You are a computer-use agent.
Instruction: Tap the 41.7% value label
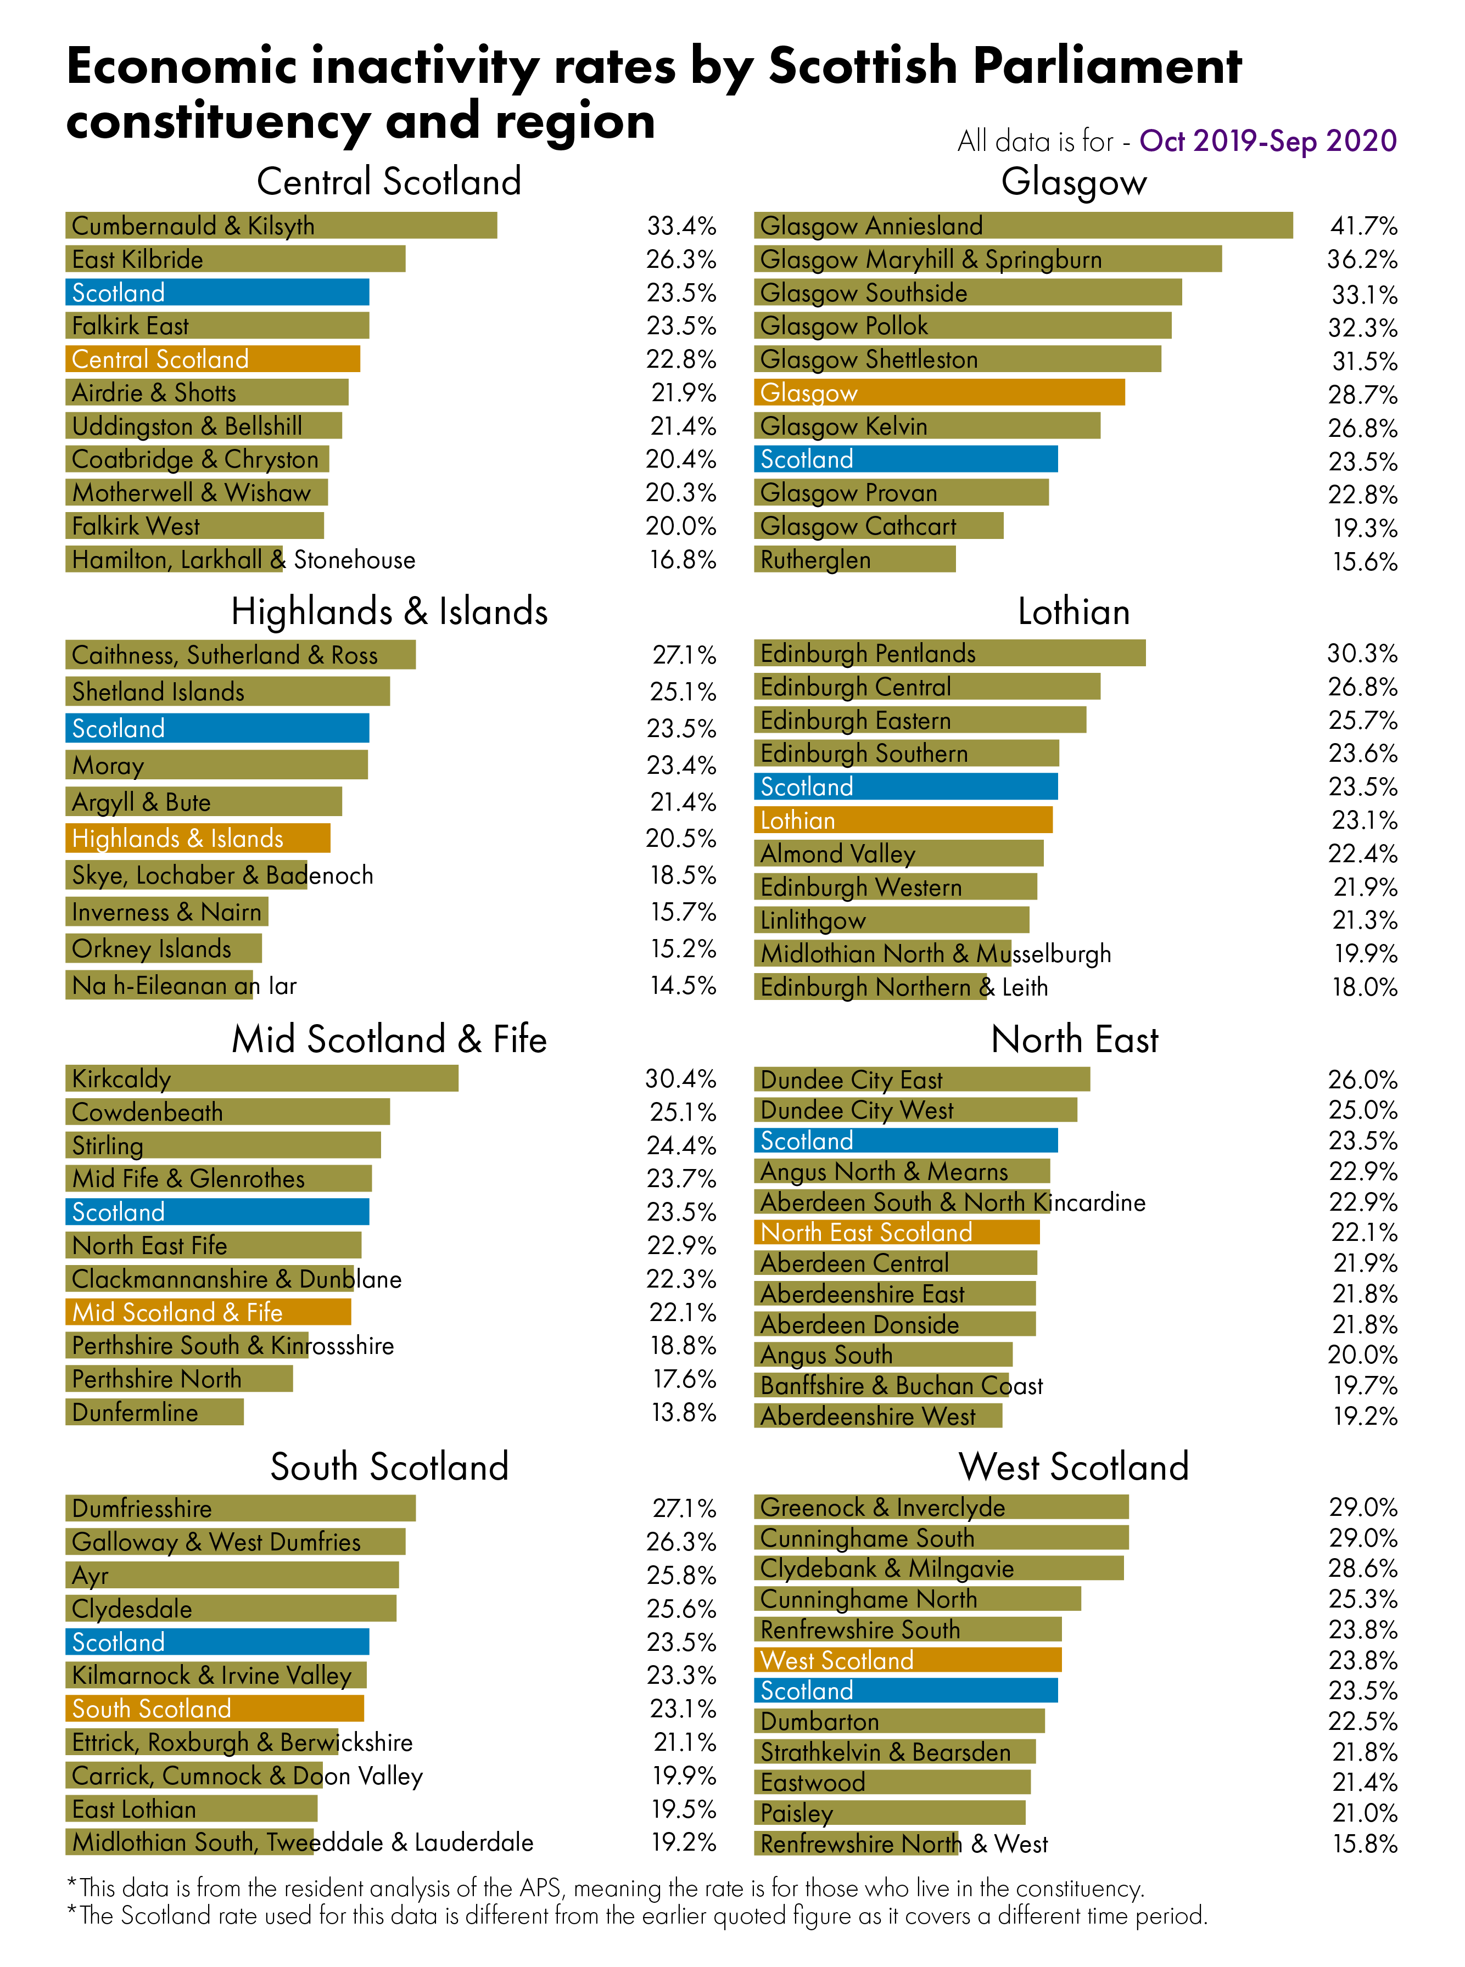(1363, 226)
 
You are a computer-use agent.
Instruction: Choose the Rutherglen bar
(854, 559)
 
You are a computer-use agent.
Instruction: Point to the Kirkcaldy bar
(261, 1078)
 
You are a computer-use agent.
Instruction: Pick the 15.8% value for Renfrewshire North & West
(1364, 1844)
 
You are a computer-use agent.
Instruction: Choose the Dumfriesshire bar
(241, 1508)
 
